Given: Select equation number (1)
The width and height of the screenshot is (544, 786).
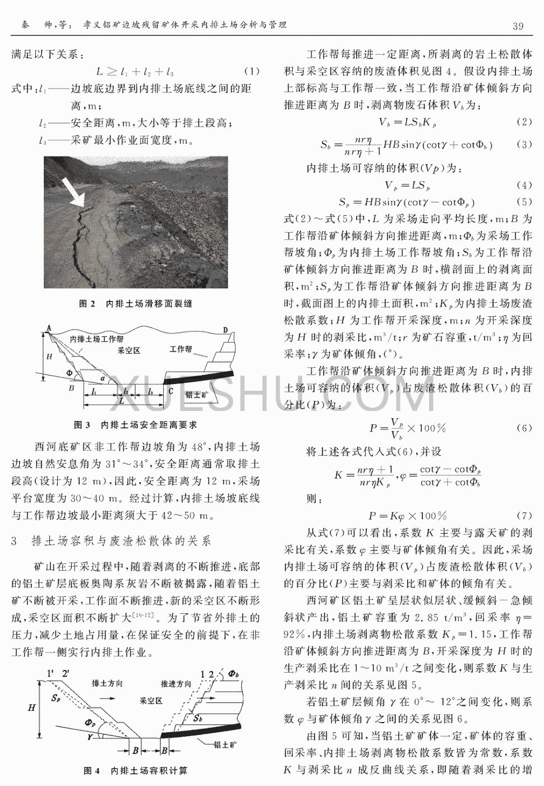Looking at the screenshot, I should [x=252, y=72].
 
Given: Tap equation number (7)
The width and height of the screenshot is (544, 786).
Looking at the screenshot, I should [x=523, y=516].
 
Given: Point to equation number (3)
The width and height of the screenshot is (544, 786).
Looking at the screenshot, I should [x=523, y=145].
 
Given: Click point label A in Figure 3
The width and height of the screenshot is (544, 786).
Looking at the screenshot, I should [x=49, y=329].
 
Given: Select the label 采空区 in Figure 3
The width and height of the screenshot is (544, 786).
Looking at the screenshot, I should [x=128, y=350].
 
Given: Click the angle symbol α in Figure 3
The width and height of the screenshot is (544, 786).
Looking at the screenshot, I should [x=111, y=378].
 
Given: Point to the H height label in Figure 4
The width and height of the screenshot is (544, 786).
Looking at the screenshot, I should [x=31, y=708].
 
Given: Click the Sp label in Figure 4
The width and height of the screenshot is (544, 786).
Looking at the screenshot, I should [x=55, y=698].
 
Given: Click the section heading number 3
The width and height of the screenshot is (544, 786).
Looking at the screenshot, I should [x=14, y=541].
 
